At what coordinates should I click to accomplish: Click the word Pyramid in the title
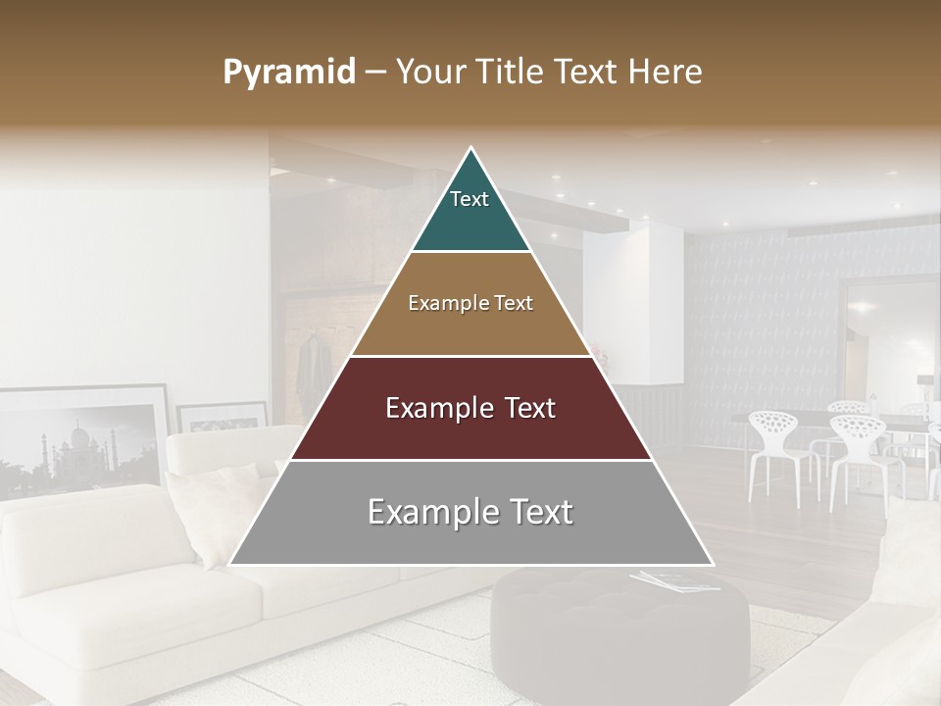(289, 73)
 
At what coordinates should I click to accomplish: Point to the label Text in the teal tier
(470, 199)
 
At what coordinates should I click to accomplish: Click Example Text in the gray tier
(470, 512)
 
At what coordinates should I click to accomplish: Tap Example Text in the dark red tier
(470, 408)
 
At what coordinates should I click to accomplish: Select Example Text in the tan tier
(470, 303)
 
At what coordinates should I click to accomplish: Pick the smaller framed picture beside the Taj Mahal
(222, 417)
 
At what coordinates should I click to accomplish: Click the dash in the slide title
(375, 73)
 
